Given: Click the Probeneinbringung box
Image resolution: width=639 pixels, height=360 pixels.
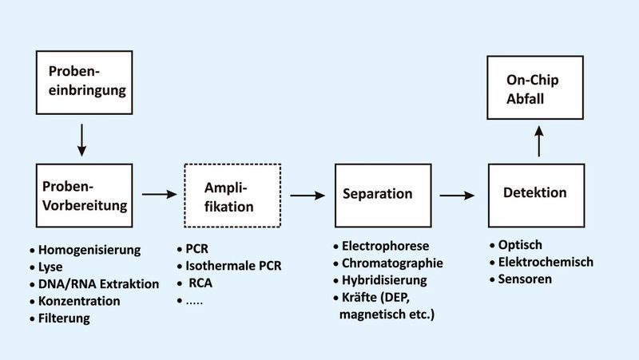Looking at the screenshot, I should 83,81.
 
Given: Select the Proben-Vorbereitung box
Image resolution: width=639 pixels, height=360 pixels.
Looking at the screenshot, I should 83,196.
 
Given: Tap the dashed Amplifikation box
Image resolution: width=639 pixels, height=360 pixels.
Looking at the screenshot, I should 232,196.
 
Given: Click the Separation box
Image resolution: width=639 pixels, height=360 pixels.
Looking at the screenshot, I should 377,194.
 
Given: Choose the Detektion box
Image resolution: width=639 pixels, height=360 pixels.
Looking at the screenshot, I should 535,194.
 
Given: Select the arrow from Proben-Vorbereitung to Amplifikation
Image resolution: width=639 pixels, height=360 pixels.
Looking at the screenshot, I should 158,194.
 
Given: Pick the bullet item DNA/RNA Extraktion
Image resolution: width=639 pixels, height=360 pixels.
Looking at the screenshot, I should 98,283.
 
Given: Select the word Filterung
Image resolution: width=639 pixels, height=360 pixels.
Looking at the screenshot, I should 64,318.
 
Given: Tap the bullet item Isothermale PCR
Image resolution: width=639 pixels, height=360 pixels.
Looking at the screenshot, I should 233,266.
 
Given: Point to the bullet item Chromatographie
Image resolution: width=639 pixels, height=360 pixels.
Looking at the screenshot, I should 391,263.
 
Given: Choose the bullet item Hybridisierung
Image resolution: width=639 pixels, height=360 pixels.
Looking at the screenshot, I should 386,280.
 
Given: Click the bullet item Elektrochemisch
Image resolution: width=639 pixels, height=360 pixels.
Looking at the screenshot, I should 546,262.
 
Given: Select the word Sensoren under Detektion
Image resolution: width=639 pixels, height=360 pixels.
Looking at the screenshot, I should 524,279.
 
